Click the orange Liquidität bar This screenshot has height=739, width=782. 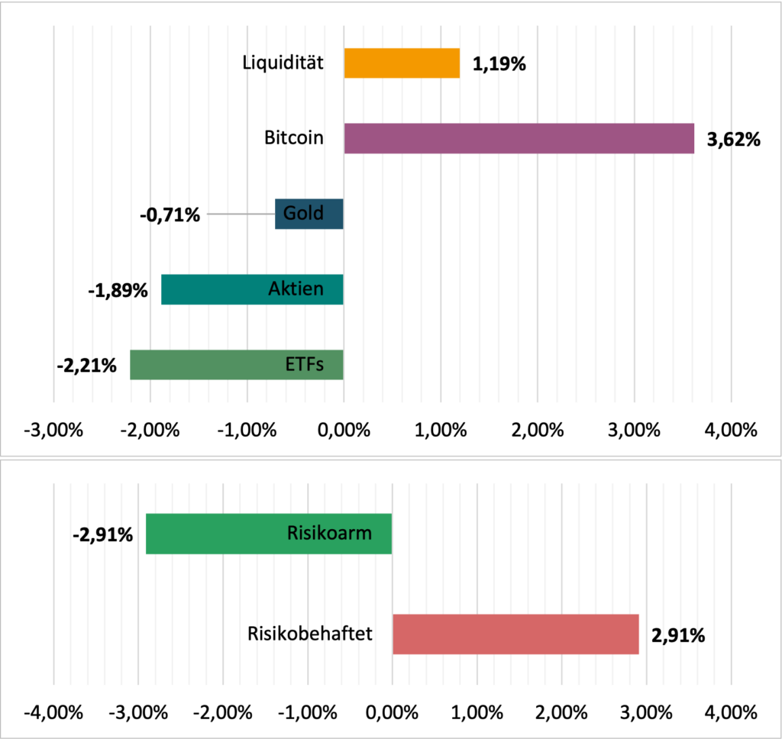[x=402, y=63]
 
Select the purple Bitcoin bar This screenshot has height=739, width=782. [x=519, y=138]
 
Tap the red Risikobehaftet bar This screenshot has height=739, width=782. [x=515, y=634]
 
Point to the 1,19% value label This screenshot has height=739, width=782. [x=499, y=64]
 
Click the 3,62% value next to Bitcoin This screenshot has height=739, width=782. [x=734, y=140]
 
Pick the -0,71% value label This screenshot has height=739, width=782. [x=170, y=215]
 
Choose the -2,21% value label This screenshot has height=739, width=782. [x=86, y=366]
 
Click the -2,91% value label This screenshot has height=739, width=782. [x=102, y=534]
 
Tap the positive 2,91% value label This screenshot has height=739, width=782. [x=678, y=635]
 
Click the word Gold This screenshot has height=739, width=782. [x=303, y=213]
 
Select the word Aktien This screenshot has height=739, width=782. [x=296, y=289]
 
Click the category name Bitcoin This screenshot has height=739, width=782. [x=294, y=138]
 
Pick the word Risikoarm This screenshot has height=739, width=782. [x=330, y=532]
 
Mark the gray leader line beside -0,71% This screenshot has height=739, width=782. [x=241, y=215]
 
